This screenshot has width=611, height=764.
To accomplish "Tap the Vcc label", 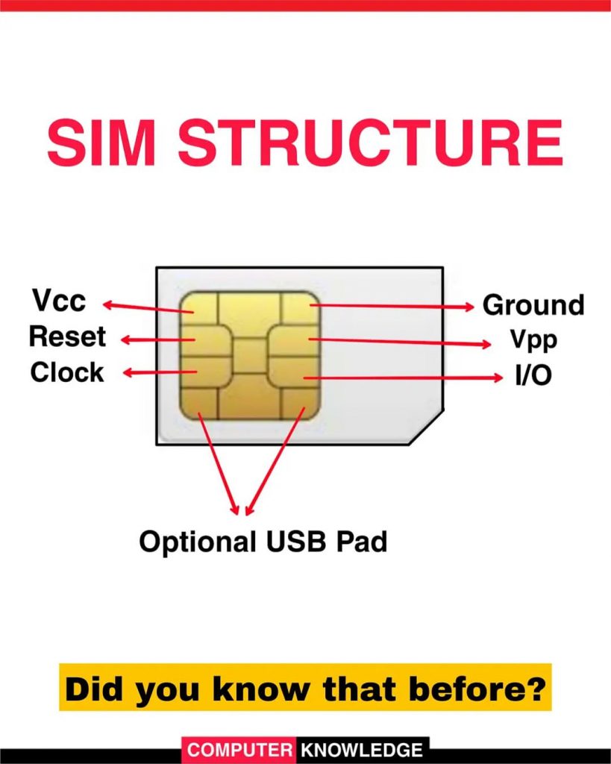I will click(60, 301).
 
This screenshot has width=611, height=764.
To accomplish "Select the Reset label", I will click(67, 336).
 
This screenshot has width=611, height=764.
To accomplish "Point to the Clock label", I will click(66, 372).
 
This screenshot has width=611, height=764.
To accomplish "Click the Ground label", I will click(533, 305).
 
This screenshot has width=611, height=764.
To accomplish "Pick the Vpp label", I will click(533, 340).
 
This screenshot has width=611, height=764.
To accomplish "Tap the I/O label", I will click(533, 375).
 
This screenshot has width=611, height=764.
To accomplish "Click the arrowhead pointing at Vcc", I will click(108, 304).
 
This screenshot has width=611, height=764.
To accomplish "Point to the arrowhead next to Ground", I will click(471, 306).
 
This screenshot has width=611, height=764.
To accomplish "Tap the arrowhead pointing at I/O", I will click(499, 378).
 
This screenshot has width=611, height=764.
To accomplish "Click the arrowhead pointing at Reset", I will click(125, 340).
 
